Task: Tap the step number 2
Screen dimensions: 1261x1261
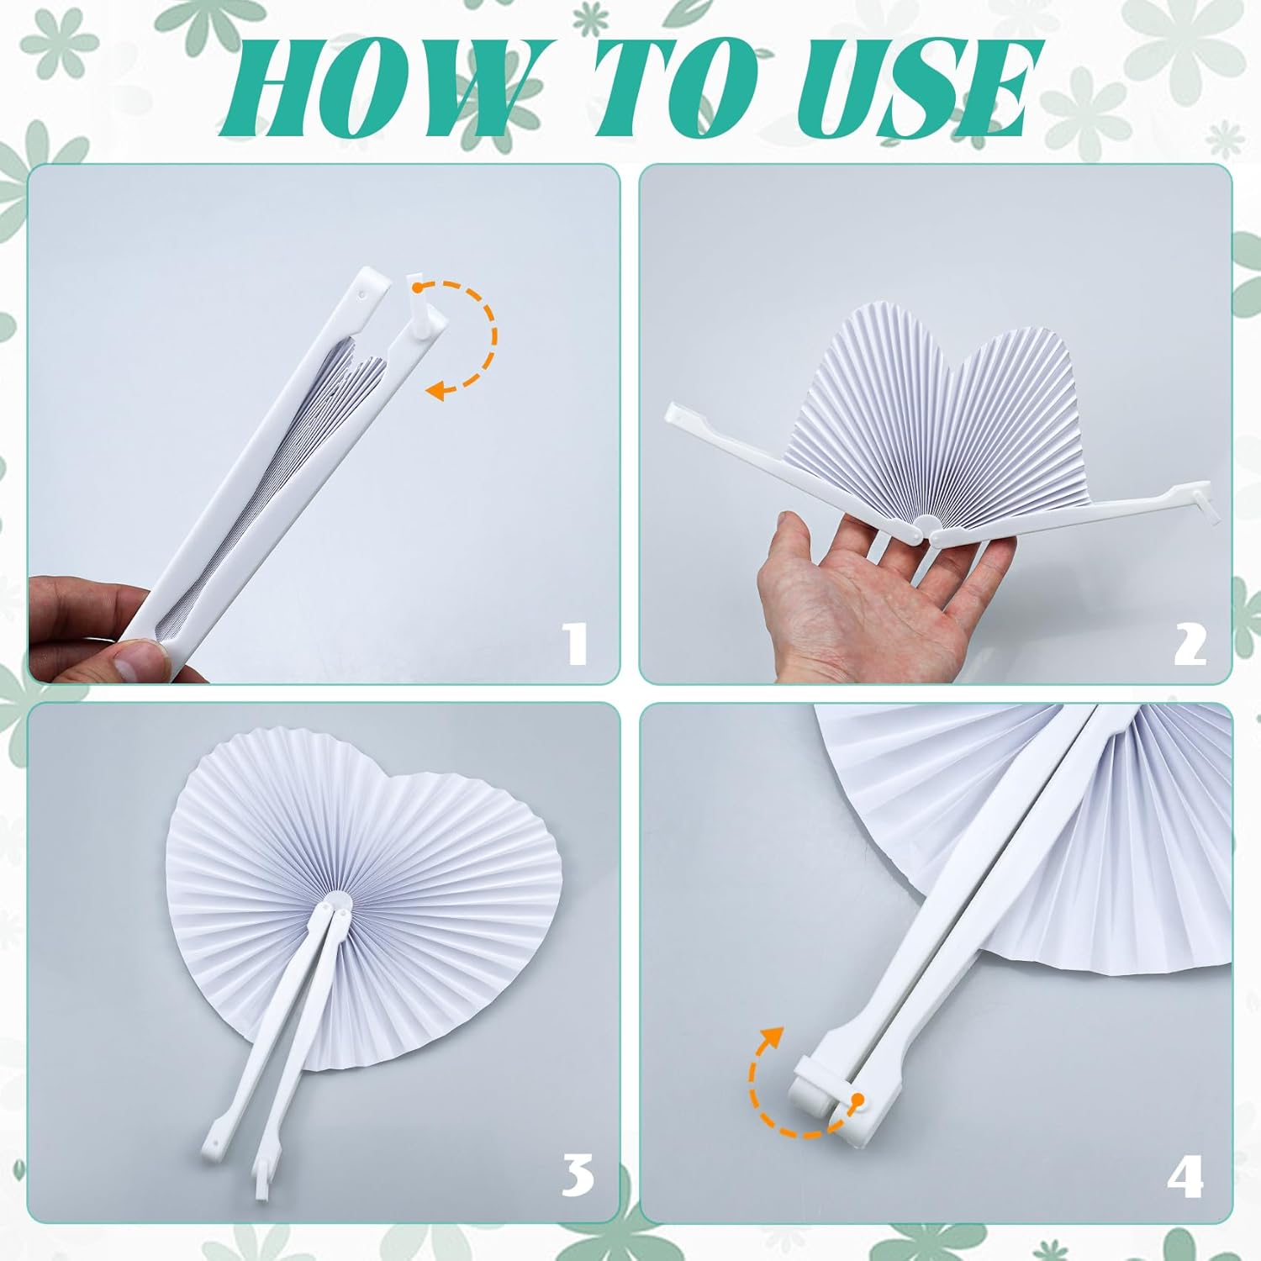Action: point(1189,646)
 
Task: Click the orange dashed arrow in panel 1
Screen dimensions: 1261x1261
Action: point(494,336)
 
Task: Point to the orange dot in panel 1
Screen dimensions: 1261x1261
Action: point(416,287)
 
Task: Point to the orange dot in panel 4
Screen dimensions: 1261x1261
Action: point(857,1100)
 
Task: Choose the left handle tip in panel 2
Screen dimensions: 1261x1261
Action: point(673,412)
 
